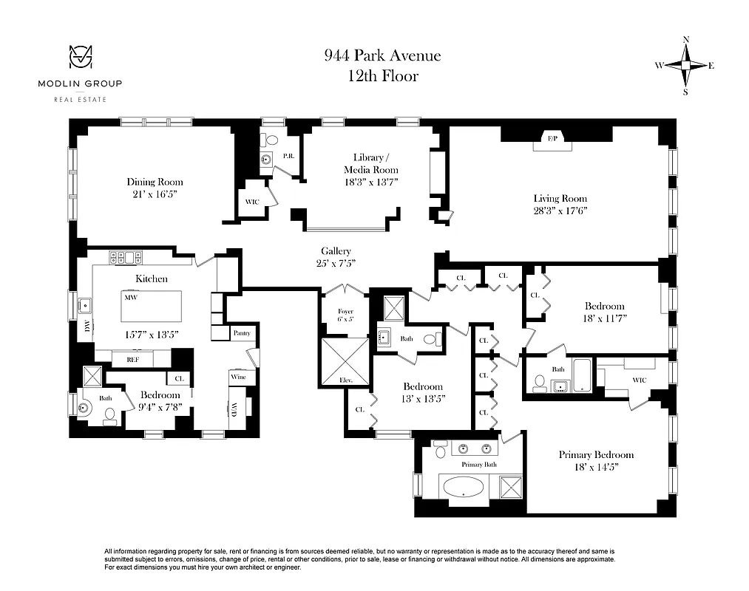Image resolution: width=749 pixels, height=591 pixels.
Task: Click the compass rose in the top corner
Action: tap(685, 66)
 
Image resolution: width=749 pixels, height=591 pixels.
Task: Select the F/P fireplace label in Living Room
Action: tap(551, 139)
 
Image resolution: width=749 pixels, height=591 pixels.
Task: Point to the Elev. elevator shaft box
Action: tap(344, 362)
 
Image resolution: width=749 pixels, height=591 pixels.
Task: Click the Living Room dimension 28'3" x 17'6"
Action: tap(560, 211)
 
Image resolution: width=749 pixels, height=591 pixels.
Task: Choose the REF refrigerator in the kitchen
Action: tap(133, 360)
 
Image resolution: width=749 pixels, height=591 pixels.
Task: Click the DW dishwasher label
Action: tap(87, 327)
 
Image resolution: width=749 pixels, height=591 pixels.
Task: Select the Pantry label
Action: tap(242, 333)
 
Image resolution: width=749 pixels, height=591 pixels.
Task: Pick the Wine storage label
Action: tap(238, 377)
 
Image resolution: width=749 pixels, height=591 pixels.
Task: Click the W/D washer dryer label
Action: tap(234, 409)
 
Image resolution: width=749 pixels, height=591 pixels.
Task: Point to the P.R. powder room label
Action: tap(289, 157)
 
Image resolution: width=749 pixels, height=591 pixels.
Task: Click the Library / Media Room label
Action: tap(370, 163)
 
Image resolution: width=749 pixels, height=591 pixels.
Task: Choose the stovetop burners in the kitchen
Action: tap(126, 258)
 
